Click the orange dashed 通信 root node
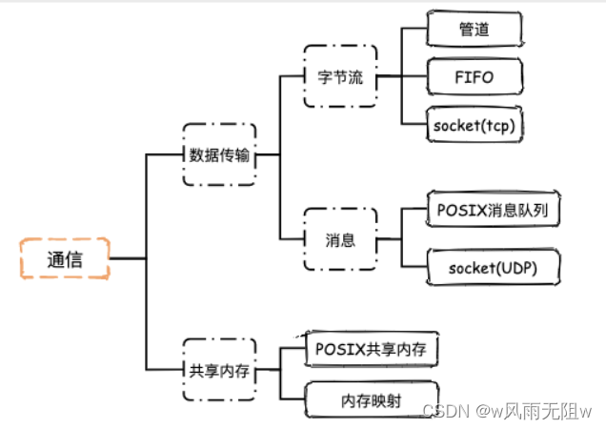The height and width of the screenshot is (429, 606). click(65, 258)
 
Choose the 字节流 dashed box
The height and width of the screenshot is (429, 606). click(340, 76)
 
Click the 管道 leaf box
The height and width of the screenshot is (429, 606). click(475, 30)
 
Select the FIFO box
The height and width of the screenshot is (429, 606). click(475, 76)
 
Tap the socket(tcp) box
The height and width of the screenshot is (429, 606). click(475, 124)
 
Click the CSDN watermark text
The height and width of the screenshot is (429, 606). click(441, 410)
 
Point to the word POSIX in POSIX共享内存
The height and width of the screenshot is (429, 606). click(336, 349)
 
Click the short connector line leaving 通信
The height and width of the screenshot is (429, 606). click(128, 258)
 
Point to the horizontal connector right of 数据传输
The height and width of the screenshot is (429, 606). click(268, 154)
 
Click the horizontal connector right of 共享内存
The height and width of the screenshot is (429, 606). click(268, 372)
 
